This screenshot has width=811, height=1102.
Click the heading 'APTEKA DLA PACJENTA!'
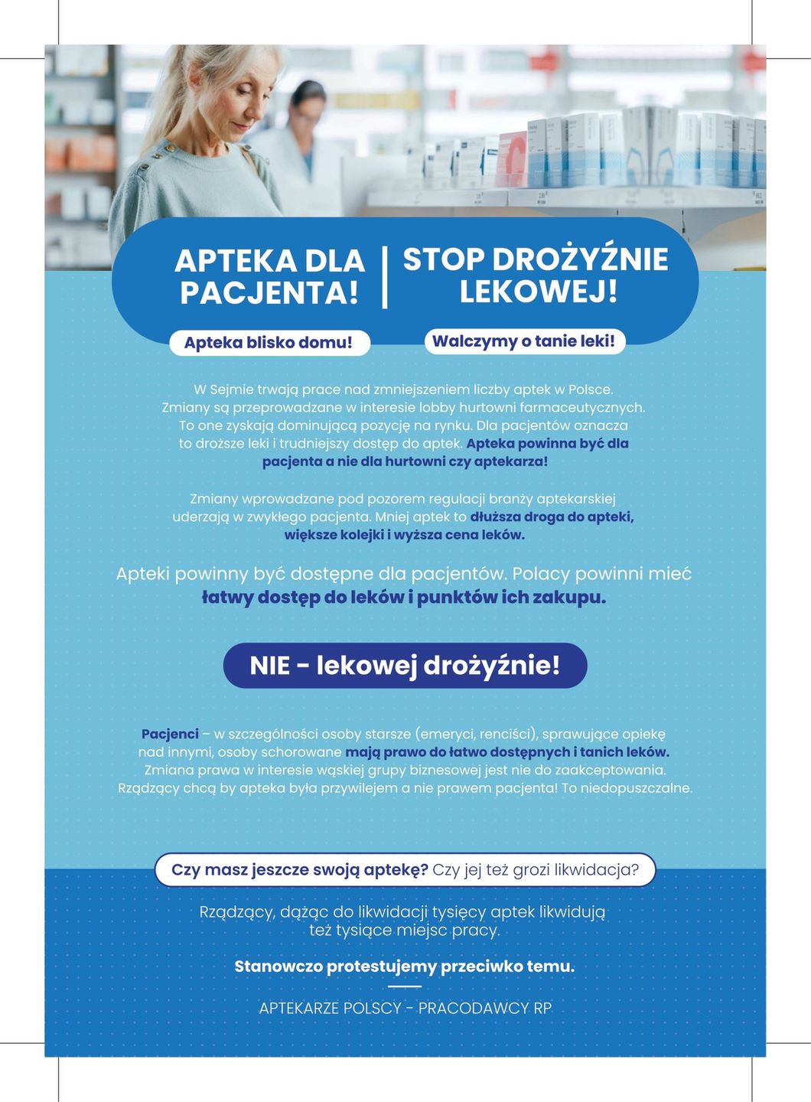(x=269, y=276)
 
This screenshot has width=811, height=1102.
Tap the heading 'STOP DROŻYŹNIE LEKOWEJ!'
(x=536, y=275)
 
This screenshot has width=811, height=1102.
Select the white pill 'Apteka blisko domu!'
(x=269, y=342)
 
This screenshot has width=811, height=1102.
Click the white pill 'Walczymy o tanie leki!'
(x=524, y=341)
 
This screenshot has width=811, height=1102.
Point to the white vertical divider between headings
(x=384, y=276)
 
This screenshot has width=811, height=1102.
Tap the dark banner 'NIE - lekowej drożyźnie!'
(x=405, y=665)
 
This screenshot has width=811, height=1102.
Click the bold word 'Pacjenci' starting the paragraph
(x=170, y=734)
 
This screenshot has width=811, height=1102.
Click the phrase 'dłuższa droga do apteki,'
(x=552, y=517)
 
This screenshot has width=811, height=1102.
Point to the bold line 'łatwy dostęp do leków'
(x=306, y=597)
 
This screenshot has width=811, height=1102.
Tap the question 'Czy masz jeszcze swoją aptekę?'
(x=299, y=869)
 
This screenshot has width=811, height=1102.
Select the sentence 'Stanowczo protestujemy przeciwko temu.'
(x=404, y=966)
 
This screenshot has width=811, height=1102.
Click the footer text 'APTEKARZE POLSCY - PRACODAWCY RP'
(x=405, y=1008)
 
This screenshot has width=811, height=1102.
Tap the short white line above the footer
(x=405, y=986)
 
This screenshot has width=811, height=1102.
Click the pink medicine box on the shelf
(x=512, y=157)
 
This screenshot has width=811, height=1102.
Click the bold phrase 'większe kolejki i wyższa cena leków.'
(x=405, y=534)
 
